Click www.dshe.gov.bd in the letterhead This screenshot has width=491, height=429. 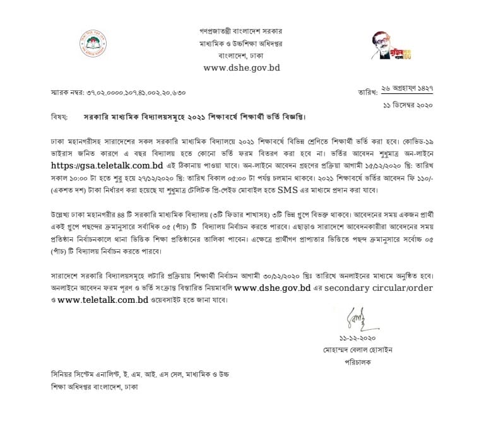point(241,68)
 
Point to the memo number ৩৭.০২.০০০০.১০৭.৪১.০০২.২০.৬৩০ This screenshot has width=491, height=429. point(135,93)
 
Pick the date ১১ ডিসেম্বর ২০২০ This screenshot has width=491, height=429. point(408,105)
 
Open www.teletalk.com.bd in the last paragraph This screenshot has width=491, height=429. point(102,300)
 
